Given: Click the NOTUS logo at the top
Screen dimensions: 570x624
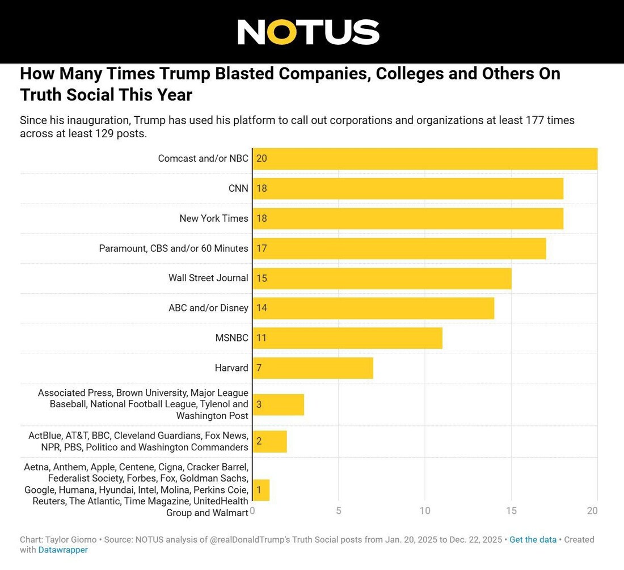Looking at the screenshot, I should tap(308, 32).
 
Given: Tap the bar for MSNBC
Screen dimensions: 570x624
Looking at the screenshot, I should tap(347, 338).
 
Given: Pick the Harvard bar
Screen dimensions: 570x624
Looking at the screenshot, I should tap(313, 368).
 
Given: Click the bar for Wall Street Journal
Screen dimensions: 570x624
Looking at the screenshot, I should tap(382, 278).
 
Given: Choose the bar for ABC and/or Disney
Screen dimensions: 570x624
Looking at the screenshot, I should tap(373, 308).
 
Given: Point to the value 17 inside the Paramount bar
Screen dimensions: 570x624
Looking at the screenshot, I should tap(262, 248).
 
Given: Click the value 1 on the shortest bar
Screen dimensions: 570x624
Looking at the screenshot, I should tap(259, 490).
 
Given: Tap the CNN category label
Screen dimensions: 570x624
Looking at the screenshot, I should tap(238, 189).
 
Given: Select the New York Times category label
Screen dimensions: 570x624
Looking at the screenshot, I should tap(214, 218).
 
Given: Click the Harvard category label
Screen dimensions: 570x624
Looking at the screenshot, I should tap(231, 368).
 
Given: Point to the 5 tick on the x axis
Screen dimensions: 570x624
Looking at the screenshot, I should tap(339, 511).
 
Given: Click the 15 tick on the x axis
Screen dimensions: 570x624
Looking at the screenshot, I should tap(511, 511).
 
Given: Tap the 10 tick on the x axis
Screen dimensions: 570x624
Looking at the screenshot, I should tap(425, 511).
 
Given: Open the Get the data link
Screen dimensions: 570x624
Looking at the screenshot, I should tap(533, 540).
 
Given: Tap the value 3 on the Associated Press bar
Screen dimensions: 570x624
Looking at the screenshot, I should tap(259, 404).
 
